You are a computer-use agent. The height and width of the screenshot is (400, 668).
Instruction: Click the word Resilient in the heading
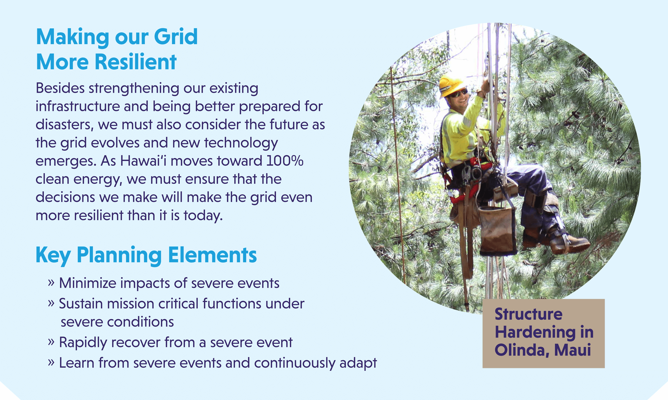[135, 62]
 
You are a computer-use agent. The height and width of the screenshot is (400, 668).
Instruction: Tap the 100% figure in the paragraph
[285, 161]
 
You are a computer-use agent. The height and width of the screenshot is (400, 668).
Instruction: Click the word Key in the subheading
[53, 255]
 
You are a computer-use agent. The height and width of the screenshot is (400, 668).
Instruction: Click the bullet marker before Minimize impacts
[51, 283]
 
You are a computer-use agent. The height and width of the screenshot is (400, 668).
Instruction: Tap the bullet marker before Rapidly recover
[51, 342]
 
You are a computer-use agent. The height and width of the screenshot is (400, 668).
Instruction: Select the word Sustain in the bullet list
[81, 304]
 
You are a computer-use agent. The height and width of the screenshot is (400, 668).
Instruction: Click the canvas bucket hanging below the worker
[497, 231]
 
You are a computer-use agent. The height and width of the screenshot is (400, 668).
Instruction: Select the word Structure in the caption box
[528, 314]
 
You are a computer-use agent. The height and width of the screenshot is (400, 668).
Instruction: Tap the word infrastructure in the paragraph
[77, 107]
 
